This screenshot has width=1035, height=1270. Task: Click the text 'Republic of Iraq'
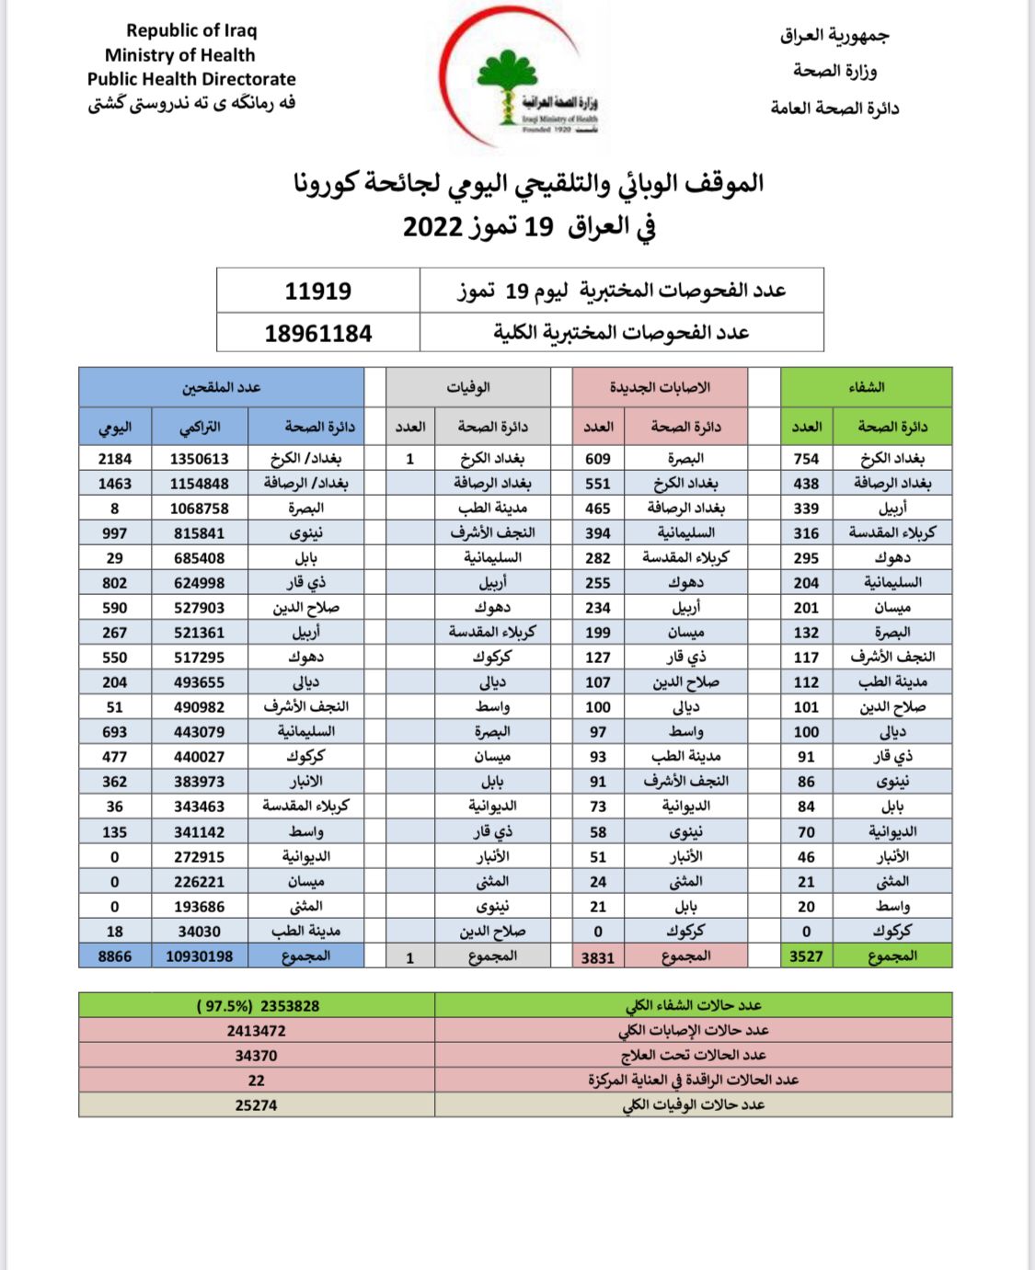point(191,30)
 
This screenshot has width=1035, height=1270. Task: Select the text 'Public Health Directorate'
point(191,79)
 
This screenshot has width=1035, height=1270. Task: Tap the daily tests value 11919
point(317,291)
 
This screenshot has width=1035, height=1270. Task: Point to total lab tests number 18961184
point(317,333)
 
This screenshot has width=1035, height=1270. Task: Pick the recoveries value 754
point(806,458)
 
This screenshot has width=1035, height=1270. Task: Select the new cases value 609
point(598,458)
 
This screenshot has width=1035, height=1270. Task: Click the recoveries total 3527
point(806,956)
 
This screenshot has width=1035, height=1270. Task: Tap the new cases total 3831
point(598,957)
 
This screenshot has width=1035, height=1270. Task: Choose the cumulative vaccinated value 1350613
point(200,458)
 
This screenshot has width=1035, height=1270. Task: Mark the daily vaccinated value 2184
point(115,458)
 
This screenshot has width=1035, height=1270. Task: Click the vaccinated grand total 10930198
point(200,956)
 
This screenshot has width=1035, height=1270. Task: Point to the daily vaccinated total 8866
point(115,956)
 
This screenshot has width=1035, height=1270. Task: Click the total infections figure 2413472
point(256,1031)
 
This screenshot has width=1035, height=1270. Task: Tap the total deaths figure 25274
point(256,1105)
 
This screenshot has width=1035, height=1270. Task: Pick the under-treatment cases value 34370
point(256,1056)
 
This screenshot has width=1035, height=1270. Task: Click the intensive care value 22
point(256,1081)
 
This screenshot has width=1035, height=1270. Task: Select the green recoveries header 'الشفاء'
point(866,387)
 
